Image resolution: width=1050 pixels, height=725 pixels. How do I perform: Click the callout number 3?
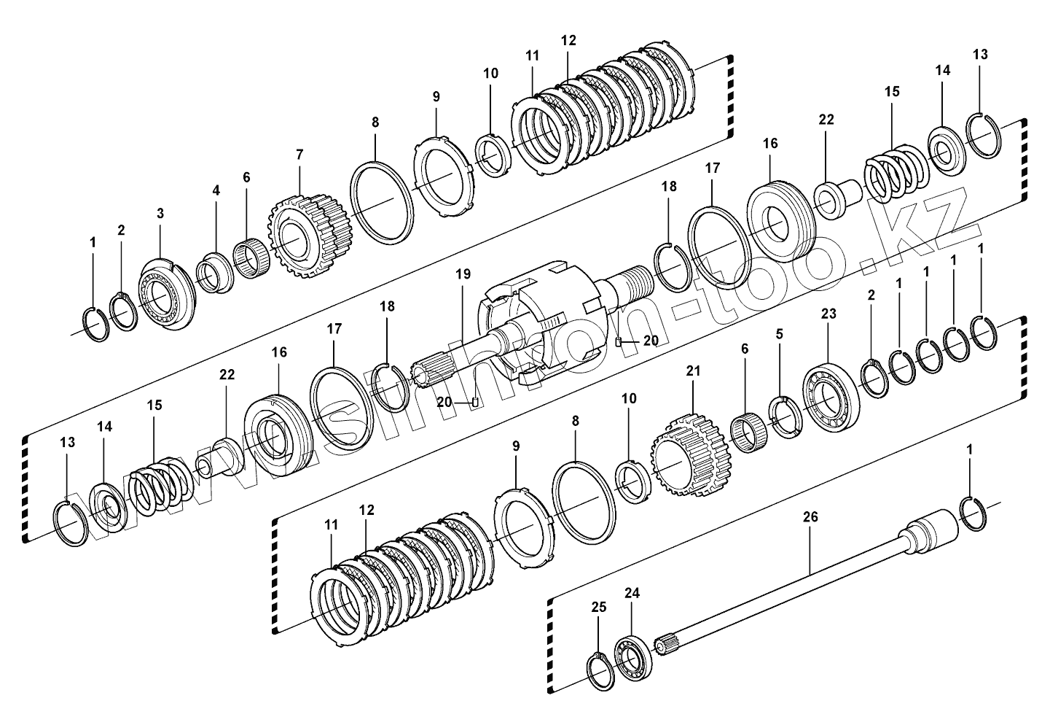(x=160, y=213)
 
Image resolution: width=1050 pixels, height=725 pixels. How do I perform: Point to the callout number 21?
(x=692, y=371)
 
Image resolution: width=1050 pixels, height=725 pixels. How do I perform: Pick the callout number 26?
(x=810, y=516)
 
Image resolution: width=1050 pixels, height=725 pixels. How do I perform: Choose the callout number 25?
(x=598, y=606)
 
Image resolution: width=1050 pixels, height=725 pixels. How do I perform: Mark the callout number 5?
(x=780, y=334)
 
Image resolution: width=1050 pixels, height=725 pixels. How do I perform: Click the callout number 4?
(x=216, y=190)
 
